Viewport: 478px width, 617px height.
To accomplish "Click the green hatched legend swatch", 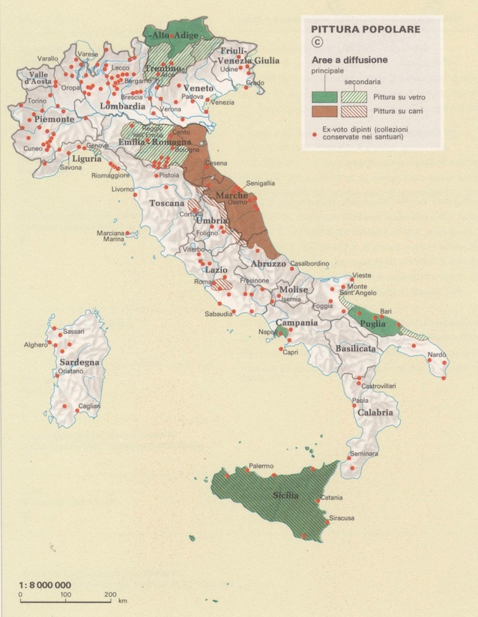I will pos(358,97).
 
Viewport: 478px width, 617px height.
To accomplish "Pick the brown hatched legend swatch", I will pos(358,112).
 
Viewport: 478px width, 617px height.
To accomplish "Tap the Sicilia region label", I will pos(285,496).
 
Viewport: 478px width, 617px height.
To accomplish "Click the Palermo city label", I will pos(262,465).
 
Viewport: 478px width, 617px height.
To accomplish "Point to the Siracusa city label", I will pos(339,517).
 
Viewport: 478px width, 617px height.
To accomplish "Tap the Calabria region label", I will pos(375,413).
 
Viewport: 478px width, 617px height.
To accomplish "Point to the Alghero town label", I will pos(34,345).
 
